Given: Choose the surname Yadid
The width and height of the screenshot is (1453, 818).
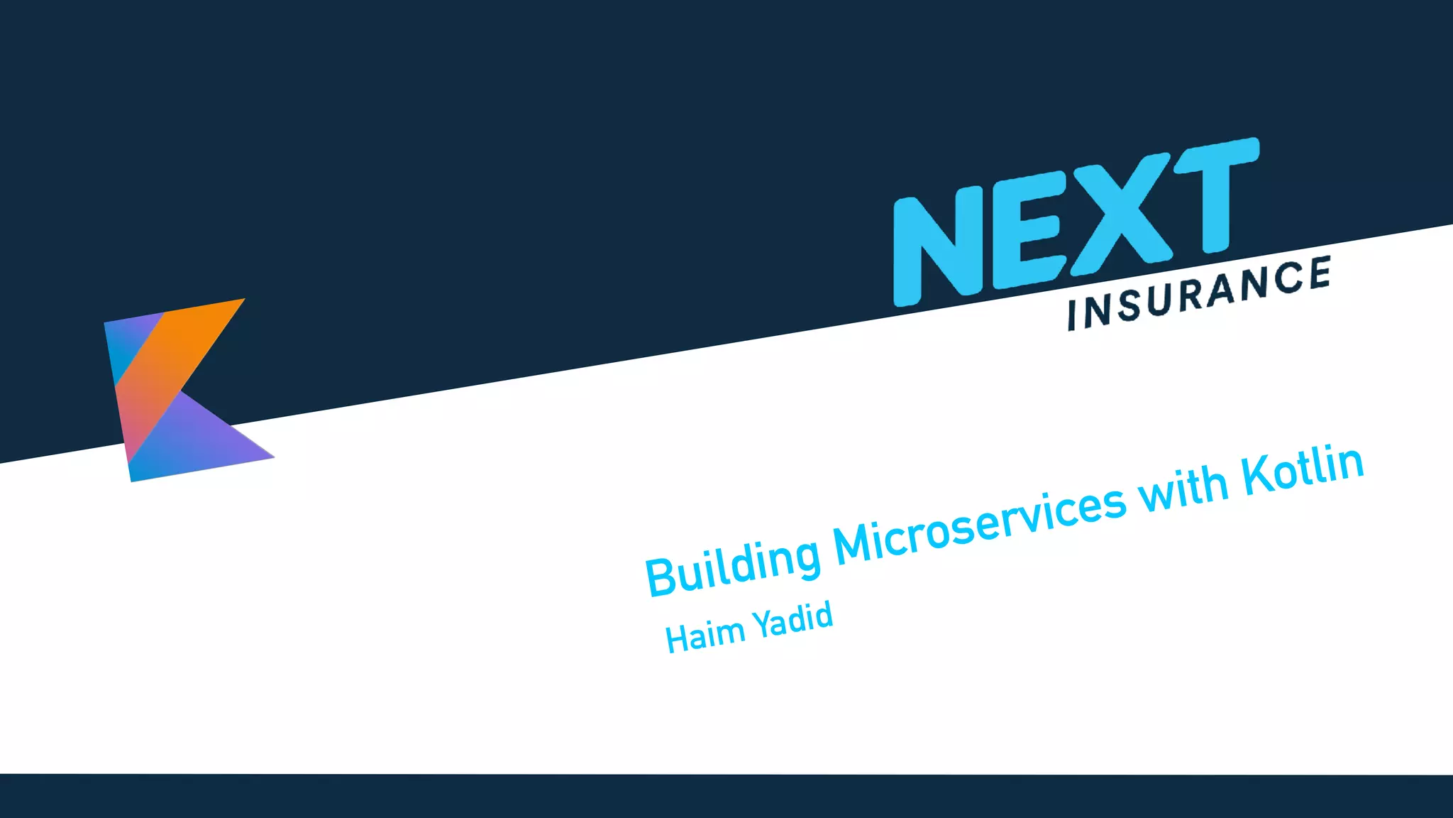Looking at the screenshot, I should tap(792, 619).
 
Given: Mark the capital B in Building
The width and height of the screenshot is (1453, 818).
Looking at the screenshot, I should tap(662, 577).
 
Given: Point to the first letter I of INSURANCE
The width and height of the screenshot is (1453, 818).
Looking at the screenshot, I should tap(1073, 315).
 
